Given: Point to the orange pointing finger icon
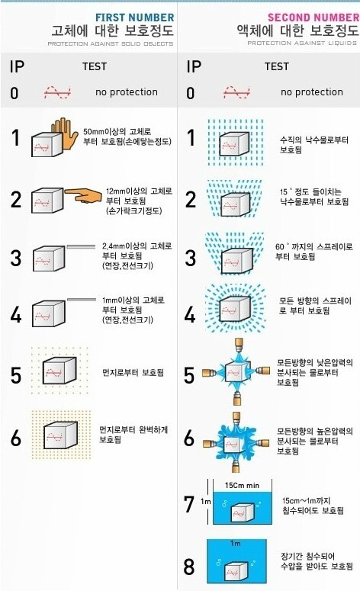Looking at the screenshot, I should click(x=84, y=196).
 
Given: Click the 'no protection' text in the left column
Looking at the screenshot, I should click(x=127, y=92).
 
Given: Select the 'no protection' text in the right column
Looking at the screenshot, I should click(x=311, y=92).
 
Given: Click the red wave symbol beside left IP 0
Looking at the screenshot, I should click(x=56, y=92).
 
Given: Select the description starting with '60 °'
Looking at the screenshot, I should click(x=304, y=252).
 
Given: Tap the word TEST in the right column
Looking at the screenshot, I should click(x=276, y=66).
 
